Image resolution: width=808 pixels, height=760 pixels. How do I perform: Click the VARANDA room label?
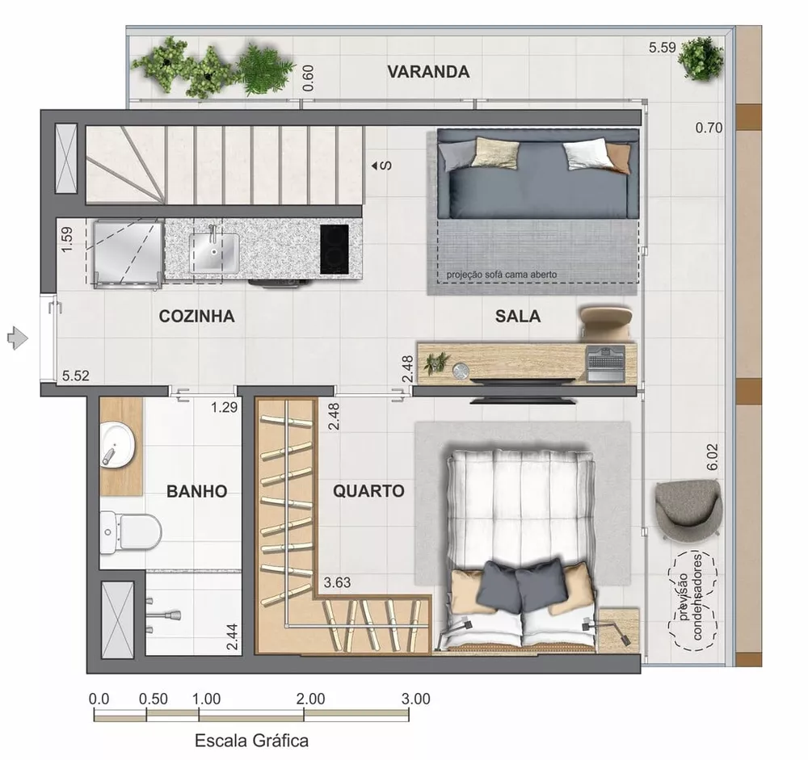[428, 72]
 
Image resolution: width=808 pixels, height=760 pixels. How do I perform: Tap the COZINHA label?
[197, 317]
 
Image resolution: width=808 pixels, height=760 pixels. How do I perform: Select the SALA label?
[518, 317]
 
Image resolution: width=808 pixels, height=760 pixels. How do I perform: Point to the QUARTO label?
[368, 491]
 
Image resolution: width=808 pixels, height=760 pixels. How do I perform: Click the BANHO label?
[196, 491]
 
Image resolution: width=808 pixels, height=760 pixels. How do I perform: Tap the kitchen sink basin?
[214, 250]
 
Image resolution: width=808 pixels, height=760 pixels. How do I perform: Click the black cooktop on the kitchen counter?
[335, 248]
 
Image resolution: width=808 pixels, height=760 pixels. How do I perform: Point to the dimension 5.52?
[76, 376]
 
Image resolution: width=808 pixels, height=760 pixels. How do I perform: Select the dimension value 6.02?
[712, 456]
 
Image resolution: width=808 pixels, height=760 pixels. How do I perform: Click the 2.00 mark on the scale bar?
[310, 699]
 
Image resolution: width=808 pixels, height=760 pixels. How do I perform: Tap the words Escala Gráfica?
[251, 739]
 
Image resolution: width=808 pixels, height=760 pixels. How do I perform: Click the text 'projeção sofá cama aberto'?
[502, 275]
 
